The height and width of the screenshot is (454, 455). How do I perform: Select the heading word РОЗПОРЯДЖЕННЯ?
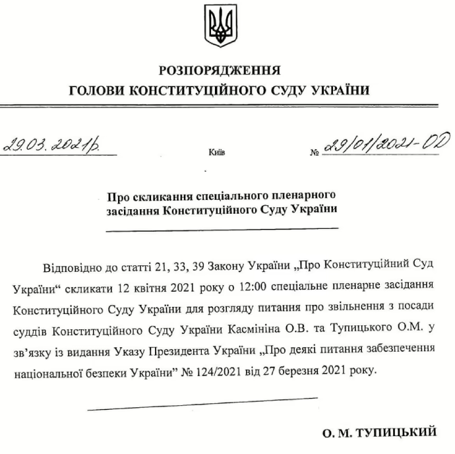click(220, 71)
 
